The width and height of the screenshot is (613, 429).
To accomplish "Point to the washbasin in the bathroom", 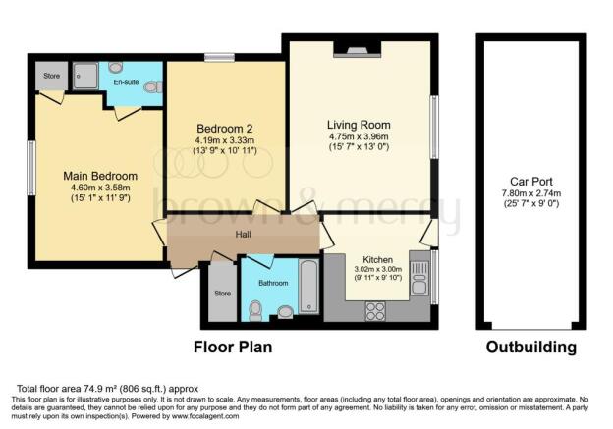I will [285, 313].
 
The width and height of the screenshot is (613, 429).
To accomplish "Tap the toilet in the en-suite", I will [152, 88].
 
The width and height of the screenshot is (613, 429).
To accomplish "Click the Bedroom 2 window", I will [218, 58].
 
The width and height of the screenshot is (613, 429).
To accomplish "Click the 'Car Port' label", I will [528, 182].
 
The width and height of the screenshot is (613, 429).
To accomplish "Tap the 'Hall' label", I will [244, 235].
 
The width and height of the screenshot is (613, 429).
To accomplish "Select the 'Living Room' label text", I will [359, 125].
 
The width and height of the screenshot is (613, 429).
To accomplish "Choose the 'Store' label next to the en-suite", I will [50, 75].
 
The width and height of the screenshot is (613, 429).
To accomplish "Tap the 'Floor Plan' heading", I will [232, 348].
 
